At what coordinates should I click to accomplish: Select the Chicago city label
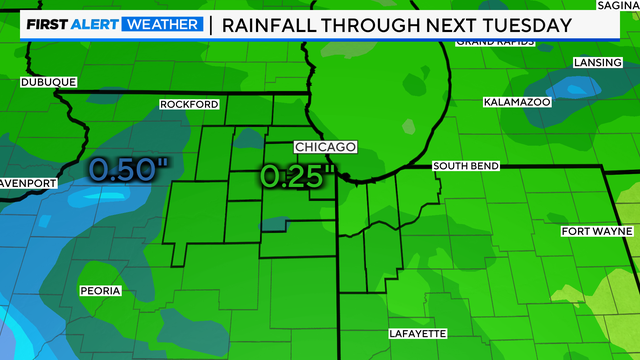[325, 147]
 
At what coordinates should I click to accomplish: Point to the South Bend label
[465, 166]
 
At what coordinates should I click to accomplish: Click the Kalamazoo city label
[516, 102]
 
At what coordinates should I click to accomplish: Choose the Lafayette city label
[416, 333]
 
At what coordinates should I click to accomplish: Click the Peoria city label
[100, 291]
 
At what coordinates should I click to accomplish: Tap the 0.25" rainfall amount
[295, 176]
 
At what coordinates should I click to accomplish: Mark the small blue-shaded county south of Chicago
[272, 224]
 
